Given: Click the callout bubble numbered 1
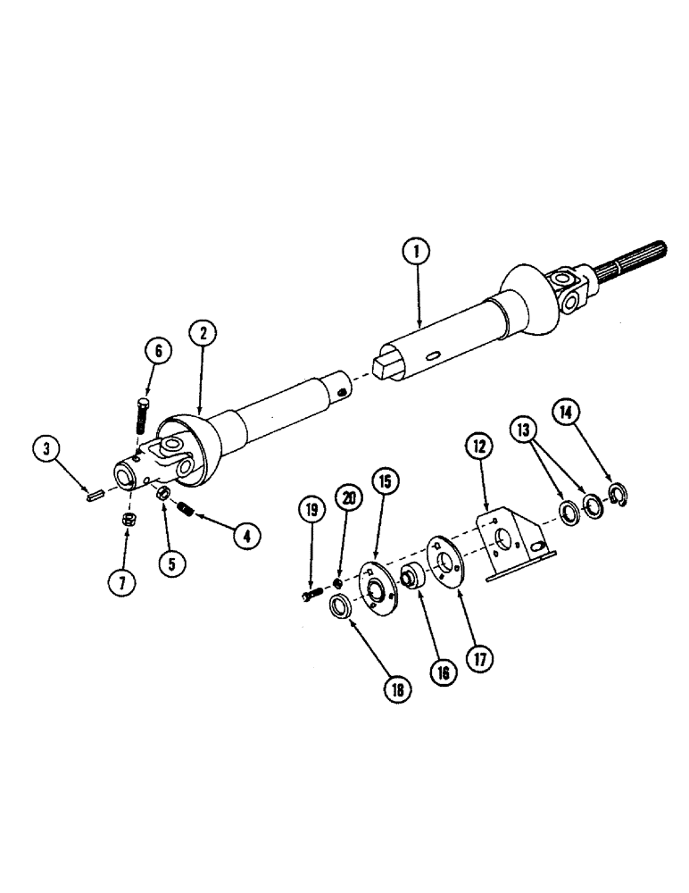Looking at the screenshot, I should click(x=414, y=254).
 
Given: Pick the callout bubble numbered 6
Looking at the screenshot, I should click(x=157, y=351).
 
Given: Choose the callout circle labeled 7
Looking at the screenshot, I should click(x=122, y=581).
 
